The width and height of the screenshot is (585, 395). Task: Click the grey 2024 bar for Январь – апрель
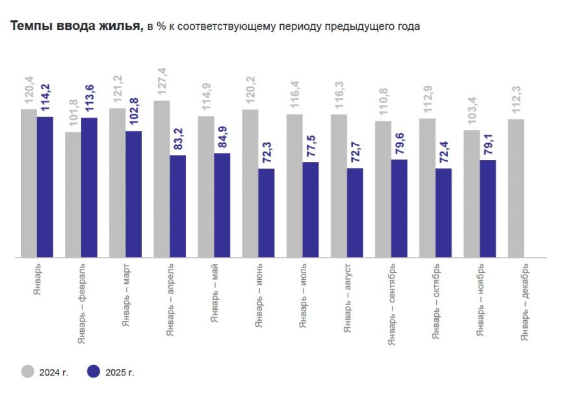(x=162, y=179)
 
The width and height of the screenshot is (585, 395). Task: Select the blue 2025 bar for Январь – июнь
(x=266, y=213)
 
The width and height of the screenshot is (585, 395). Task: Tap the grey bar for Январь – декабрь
(x=516, y=188)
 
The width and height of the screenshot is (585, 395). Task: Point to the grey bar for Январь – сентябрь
(x=383, y=189)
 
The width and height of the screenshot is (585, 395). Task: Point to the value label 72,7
(x=355, y=150)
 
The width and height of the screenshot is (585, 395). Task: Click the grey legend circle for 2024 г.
(x=28, y=372)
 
